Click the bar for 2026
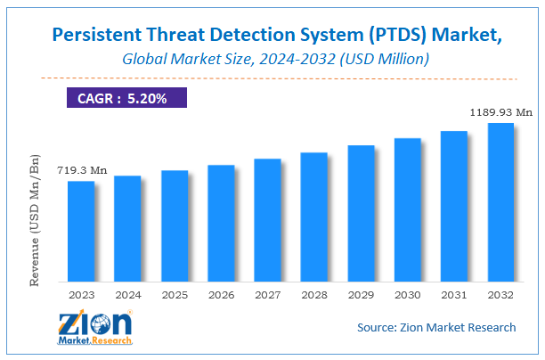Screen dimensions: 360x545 click(221, 222)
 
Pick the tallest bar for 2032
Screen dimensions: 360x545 click(500, 201)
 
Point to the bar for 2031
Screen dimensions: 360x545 click(454, 205)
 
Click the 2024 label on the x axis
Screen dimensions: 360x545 click(127, 293)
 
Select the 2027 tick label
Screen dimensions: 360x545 click(267, 293)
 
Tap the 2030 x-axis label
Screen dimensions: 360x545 click(407, 293)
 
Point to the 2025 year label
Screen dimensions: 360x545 click(175, 293)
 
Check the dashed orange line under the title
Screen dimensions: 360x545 click(272, 78)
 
